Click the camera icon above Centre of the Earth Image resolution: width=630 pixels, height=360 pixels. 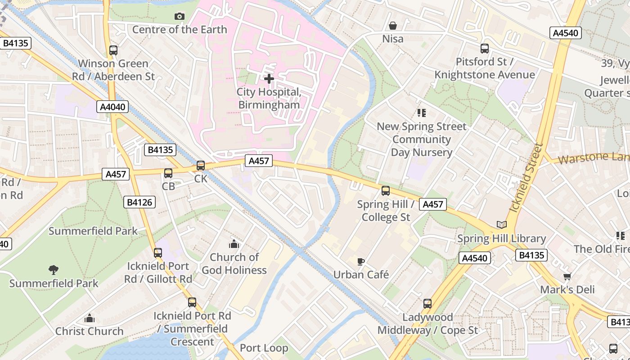coord(180,17)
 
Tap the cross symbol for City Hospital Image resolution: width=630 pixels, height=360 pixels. coord(269,79)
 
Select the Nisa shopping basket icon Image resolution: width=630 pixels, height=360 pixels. coord(393,26)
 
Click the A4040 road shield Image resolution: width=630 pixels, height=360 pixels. coord(112,107)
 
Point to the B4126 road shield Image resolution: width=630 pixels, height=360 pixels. coord(139,202)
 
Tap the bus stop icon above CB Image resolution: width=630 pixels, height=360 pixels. coord(168,173)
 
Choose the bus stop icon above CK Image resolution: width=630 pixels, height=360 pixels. coord(201,166)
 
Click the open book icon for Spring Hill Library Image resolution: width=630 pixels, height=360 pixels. coord(501,225)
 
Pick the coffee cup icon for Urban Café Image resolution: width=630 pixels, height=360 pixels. coord(360,261)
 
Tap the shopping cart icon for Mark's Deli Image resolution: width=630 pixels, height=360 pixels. coord(567,276)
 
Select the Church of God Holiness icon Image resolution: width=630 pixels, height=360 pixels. coord(234,244)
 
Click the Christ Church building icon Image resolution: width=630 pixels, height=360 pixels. coord(90,319)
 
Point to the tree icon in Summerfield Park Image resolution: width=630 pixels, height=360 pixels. coord(54,270)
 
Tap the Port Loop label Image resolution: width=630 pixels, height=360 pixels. coord(264,348)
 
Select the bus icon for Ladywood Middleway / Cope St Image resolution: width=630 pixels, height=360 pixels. coord(427,304)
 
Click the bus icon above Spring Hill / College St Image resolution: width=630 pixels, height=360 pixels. coord(386,191)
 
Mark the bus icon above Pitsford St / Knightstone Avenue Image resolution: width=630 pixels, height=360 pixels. coord(485,49)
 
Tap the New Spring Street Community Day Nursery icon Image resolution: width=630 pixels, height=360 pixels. coord(422,113)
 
